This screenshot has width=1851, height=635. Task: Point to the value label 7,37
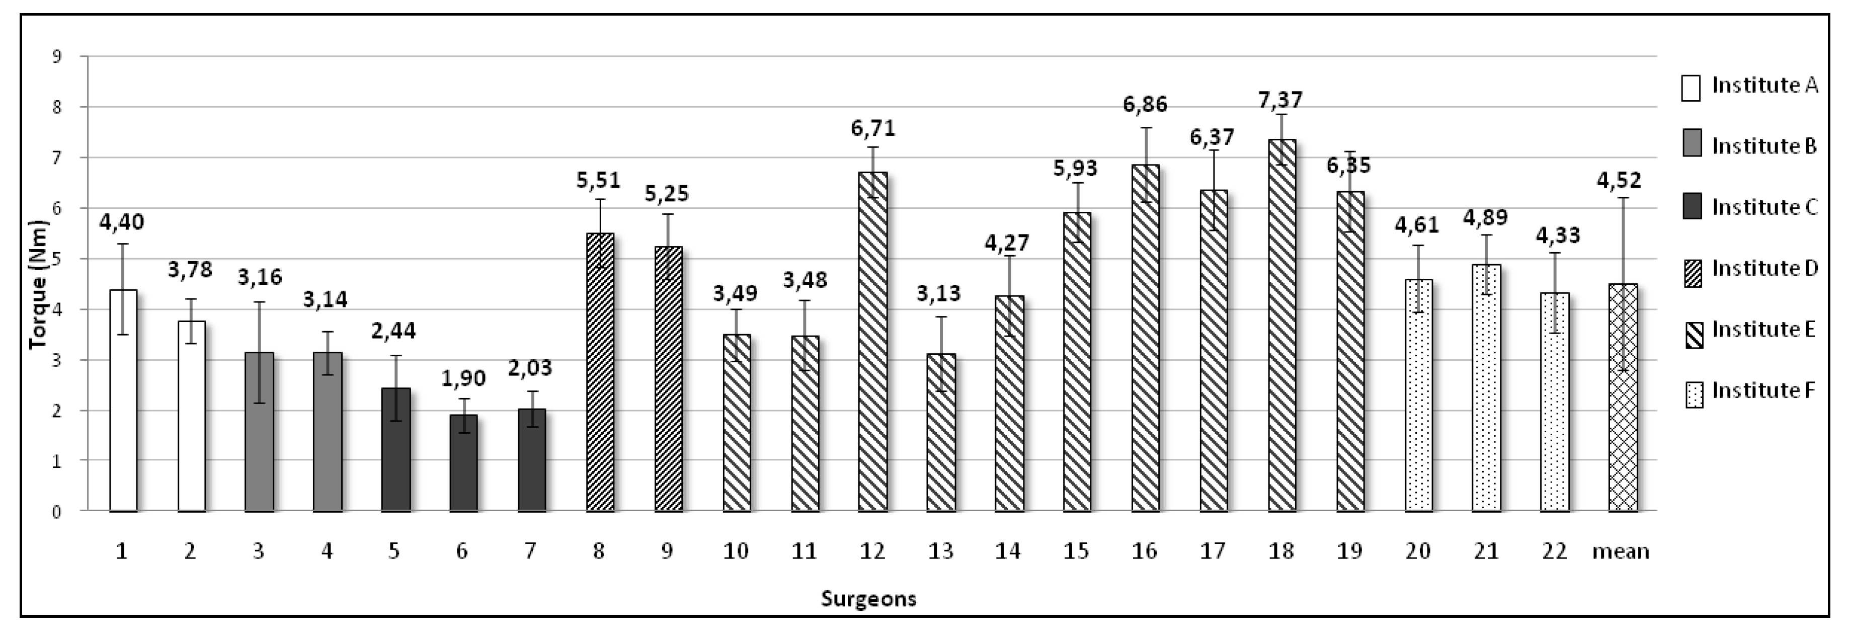(x=1281, y=99)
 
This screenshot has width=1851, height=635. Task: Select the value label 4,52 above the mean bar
(x=1620, y=180)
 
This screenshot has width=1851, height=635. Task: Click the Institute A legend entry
(x=1750, y=86)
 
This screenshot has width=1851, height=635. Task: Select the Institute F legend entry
(x=1750, y=391)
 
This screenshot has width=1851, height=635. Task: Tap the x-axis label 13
(x=940, y=551)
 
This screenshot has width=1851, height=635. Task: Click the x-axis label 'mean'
(x=1621, y=551)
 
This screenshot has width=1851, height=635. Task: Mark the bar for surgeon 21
(x=1486, y=388)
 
